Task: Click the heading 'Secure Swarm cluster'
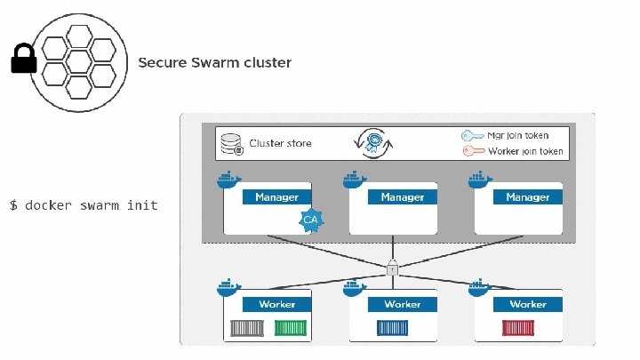click(214, 63)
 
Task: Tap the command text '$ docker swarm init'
click(84, 205)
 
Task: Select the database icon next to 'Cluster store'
click(231, 143)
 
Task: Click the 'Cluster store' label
click(280, 143)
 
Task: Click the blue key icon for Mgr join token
click(472, 136)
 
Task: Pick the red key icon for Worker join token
click(472, 151)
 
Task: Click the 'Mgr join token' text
click(518, 136)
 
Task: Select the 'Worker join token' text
click(525, 151)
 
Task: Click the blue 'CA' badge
click(310, 219)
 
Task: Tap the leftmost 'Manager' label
click(276, 196)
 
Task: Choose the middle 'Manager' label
click(402, 196)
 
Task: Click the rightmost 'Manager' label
click(527, 196)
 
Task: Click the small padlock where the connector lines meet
click(391, 268)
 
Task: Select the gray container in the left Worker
click(247, 328)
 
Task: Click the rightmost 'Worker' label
click(527, 304)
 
